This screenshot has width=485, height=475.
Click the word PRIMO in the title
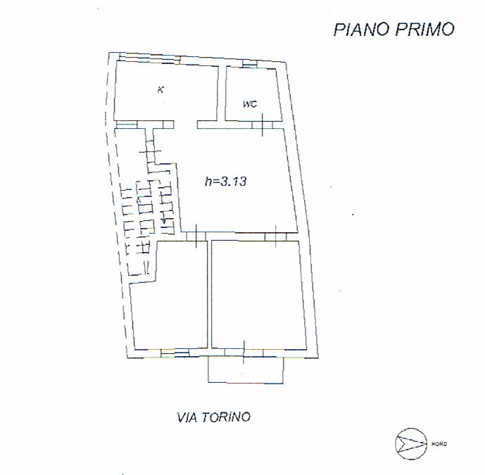click(425, 30)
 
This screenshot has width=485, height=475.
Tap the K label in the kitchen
click(160, 89)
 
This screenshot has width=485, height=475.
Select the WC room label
click(250, 104)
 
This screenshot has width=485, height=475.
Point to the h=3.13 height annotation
click(225, 181)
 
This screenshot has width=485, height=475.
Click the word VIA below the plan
click(187, 417)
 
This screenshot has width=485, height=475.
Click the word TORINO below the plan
click(226, 417)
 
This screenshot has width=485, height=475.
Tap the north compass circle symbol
click(411, 444)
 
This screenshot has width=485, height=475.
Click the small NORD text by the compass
click(439, 444)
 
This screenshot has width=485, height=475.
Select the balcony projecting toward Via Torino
click(246, 370)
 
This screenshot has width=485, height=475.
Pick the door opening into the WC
click(263, 125)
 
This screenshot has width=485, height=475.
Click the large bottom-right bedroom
click(258, 293)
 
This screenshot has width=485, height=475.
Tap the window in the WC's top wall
click(250, 64)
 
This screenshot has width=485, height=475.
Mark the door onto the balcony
click(244, 353)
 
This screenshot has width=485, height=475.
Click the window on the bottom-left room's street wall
click(175, 353)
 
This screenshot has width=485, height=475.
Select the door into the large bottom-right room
click(276, 236)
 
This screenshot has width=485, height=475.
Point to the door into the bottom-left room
click(196, 236)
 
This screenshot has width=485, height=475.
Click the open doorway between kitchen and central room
click(186, 125)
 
